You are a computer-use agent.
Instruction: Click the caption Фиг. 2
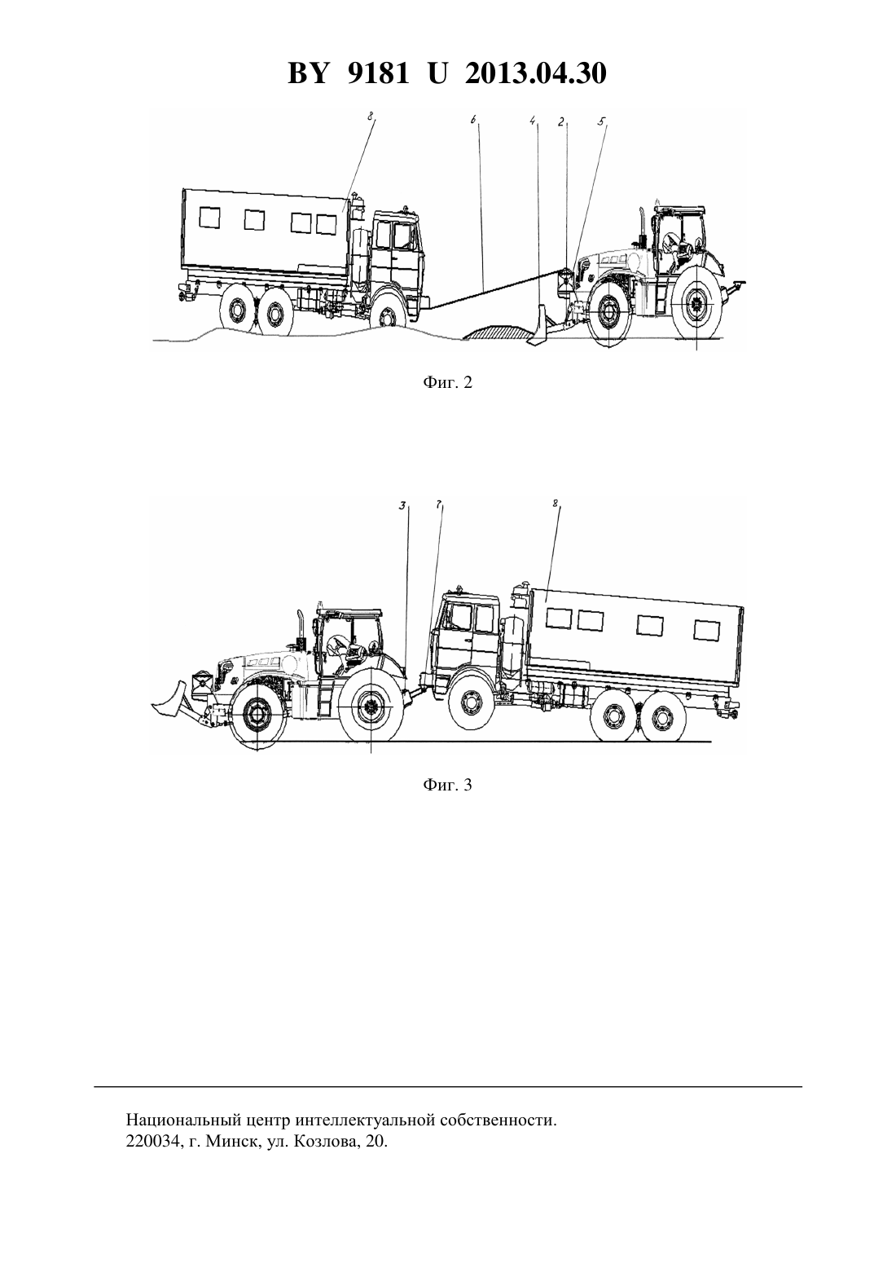[447, 383]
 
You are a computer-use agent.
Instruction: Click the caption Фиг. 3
[447, 785]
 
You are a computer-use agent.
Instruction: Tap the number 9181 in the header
[377, 73]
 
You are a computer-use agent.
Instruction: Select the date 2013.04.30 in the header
[536, 73]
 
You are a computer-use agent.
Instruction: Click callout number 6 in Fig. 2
[473, 121]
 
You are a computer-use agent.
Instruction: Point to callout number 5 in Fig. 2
[602, 121]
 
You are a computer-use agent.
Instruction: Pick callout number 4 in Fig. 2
[532, 121]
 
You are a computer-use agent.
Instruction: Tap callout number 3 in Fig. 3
[402, 506]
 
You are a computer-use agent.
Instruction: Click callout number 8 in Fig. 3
[555, 504]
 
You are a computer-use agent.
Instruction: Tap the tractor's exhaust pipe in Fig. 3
[301, 627]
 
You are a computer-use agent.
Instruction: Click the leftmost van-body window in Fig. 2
[209, 218]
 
